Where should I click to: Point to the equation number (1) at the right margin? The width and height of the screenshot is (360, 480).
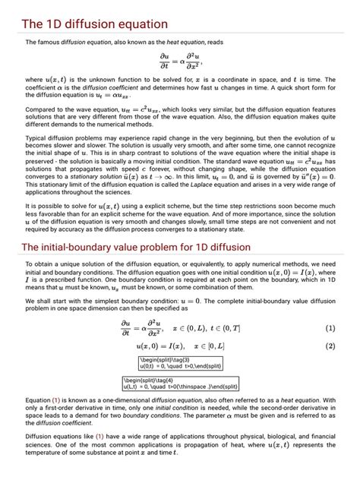coord(330,308)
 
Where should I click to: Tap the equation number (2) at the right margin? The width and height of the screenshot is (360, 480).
coord(330,325)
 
